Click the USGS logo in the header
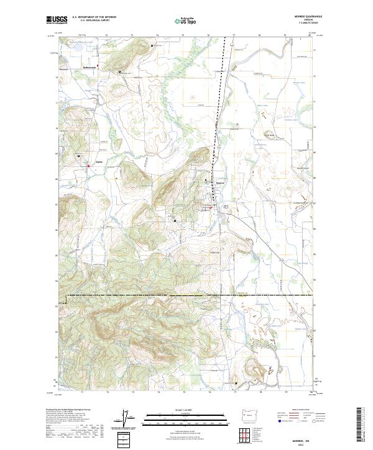point(56,20)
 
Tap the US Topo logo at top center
point(186,20)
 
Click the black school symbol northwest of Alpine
point(79,155)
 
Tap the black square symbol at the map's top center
point(152,45)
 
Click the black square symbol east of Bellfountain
point(119,72)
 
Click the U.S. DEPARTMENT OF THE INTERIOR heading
point(93,17)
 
